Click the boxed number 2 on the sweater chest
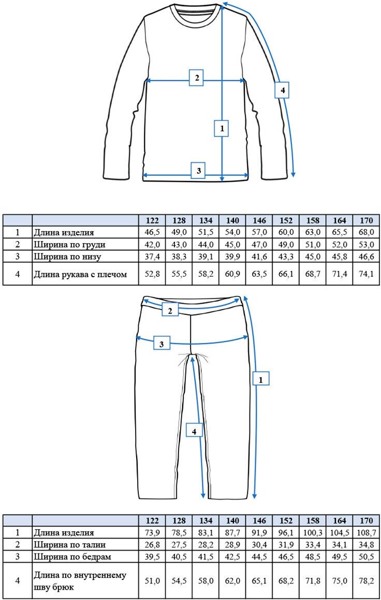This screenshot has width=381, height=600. [196, 79]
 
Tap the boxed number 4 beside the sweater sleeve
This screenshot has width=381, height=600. [282, 91]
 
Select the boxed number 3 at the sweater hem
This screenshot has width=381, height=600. [197, 170]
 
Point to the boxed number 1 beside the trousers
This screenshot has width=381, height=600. [261, 379]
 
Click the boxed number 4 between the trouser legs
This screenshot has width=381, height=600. [194, 430]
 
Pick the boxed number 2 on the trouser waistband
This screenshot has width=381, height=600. [170, 310]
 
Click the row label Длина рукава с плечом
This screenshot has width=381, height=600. [80, 274]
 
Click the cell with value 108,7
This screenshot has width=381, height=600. [366, 532]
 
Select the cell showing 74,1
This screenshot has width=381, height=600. [366, 274]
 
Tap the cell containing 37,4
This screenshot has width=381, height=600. [152, 257]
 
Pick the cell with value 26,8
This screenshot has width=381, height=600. [152, 544]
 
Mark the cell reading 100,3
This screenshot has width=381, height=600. [312, 532]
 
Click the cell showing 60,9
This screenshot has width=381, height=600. [232, 274]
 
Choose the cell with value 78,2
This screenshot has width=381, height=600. [366, 581]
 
